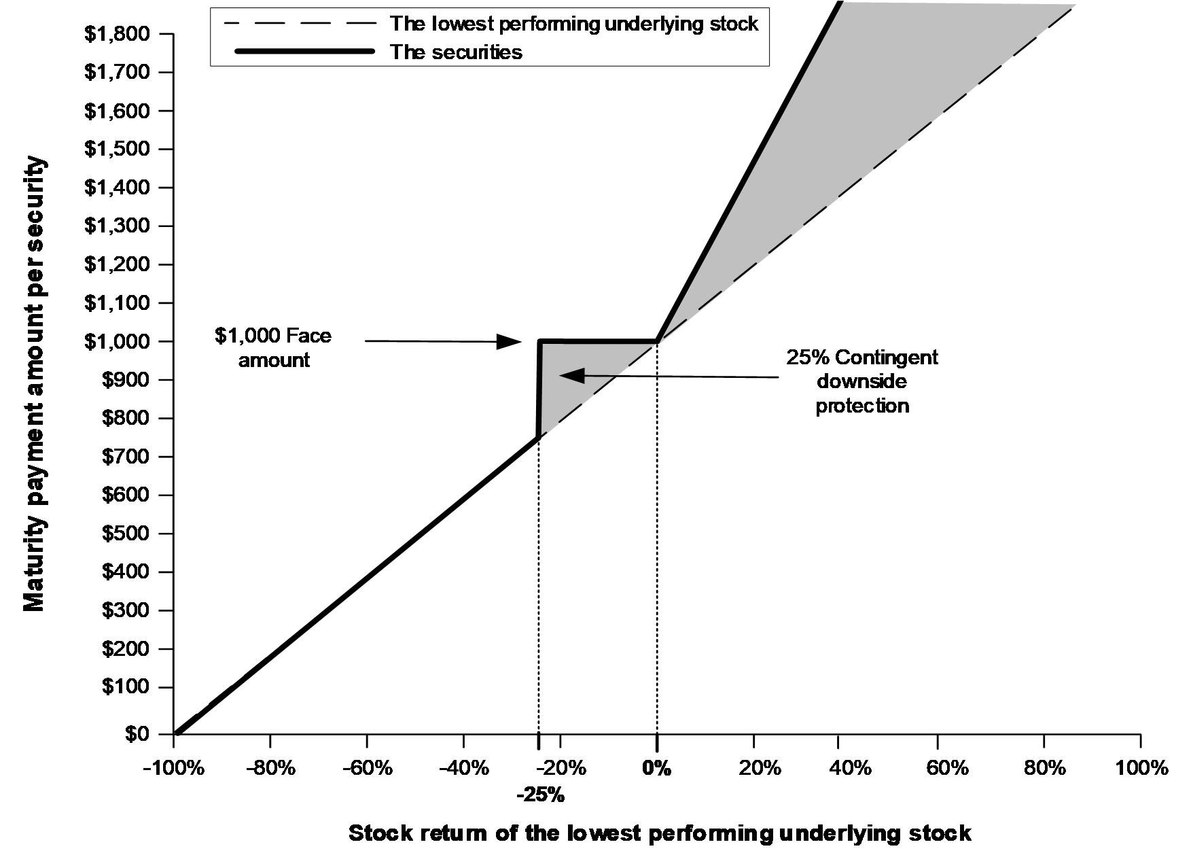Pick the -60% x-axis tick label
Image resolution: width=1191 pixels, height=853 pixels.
(368, 769)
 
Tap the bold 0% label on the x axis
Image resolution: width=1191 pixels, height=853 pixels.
(656, 769)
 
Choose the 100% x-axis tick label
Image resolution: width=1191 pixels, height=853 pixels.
(1141, 769)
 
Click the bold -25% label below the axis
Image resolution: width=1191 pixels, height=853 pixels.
(540, 795)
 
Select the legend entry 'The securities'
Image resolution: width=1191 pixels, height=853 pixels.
(456, 52)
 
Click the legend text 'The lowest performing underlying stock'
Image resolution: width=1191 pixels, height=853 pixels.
(574, 24)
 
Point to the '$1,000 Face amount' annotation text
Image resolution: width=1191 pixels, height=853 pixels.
(274, 348)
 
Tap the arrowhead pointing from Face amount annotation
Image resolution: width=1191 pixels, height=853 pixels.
(509, 341)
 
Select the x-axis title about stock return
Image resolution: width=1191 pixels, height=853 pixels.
(660, 833)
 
